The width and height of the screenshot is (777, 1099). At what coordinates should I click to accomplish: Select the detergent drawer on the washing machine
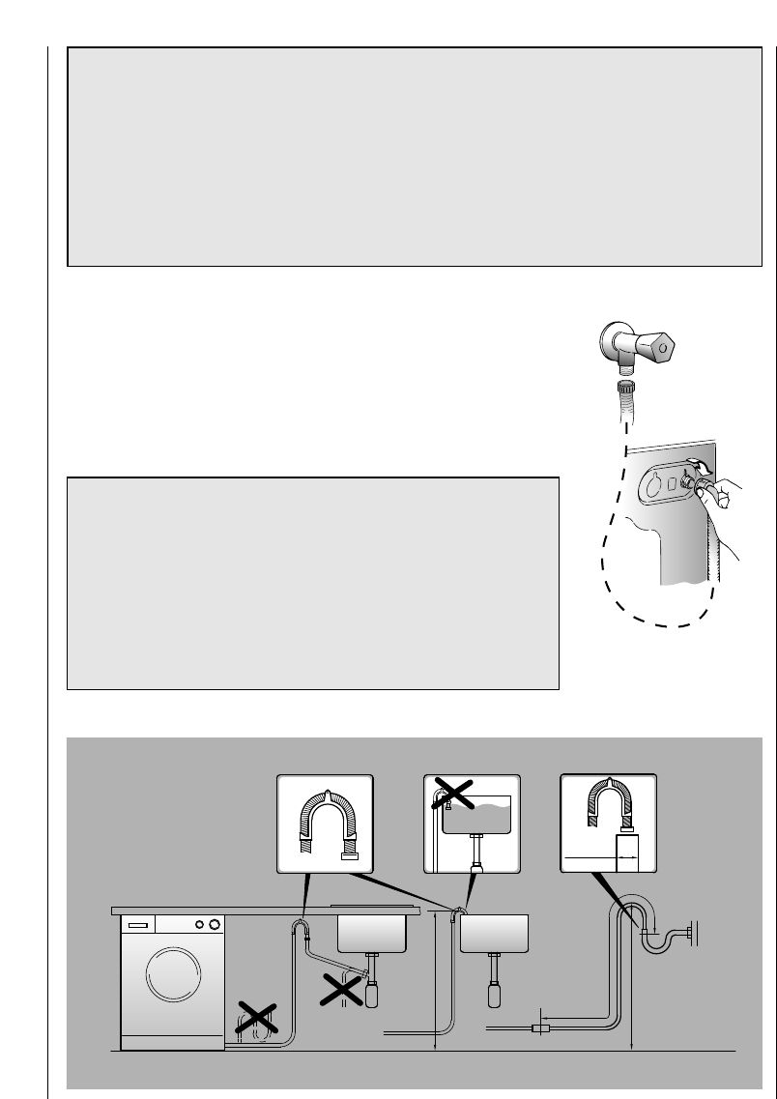137,925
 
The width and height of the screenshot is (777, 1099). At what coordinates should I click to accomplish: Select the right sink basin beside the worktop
493,934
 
